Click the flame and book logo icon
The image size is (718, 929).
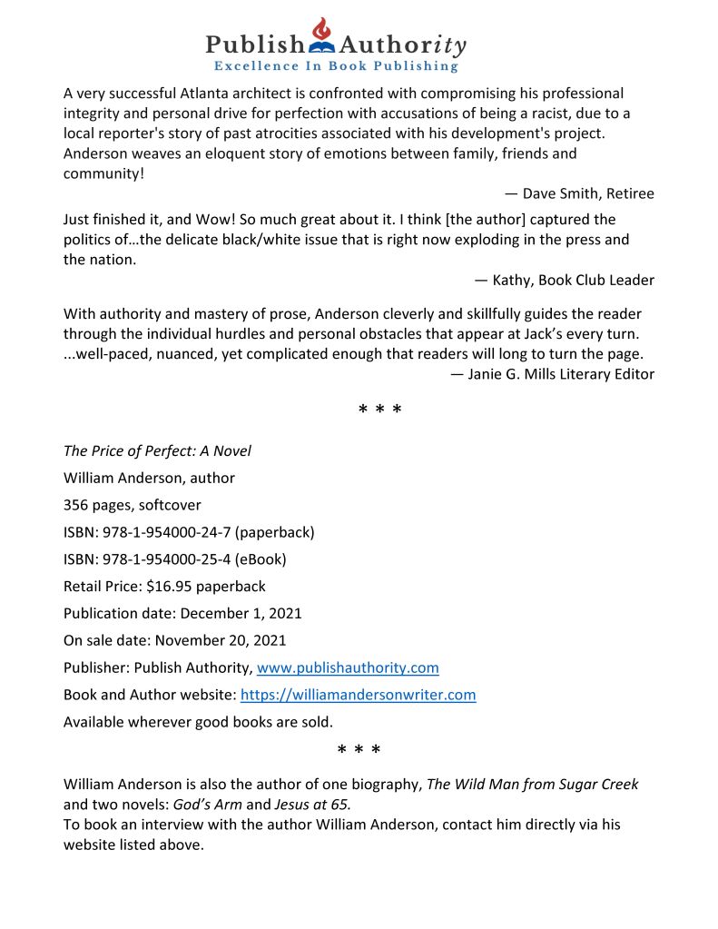(x=322, y=35)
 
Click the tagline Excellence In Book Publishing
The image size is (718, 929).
(x=336, y=66)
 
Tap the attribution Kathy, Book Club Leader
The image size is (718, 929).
(x=564, y=280)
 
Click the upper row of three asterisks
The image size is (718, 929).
(x=380, y=410)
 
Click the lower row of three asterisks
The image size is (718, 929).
(x=359, y=750)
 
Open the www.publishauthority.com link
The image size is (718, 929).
(x=348, y=668)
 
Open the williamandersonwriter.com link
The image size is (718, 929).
(x=358, y=696)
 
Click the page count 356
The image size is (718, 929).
(x=76, y=505)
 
